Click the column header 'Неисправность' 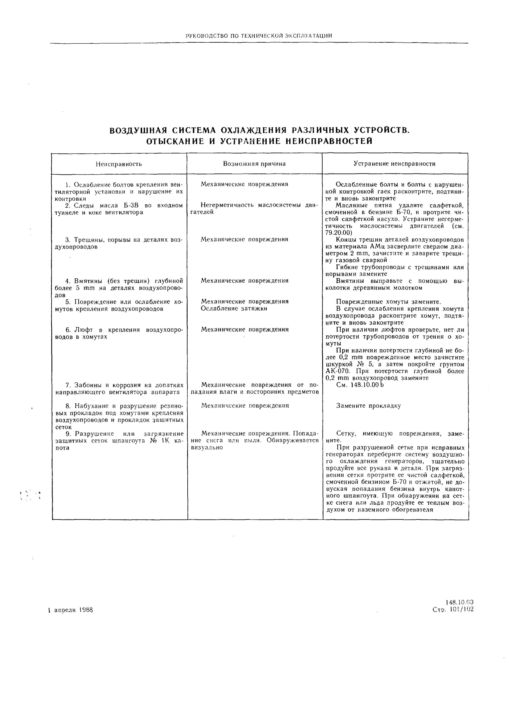click(119, 164)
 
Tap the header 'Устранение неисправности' click(394, 164)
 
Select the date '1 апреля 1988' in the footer click(71, 610)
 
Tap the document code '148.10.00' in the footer click(459, 602)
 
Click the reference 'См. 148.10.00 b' click(360, 385)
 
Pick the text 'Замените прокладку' click(368, 406)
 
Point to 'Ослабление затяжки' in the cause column click(234, 308)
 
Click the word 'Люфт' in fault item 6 click(82, 330)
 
